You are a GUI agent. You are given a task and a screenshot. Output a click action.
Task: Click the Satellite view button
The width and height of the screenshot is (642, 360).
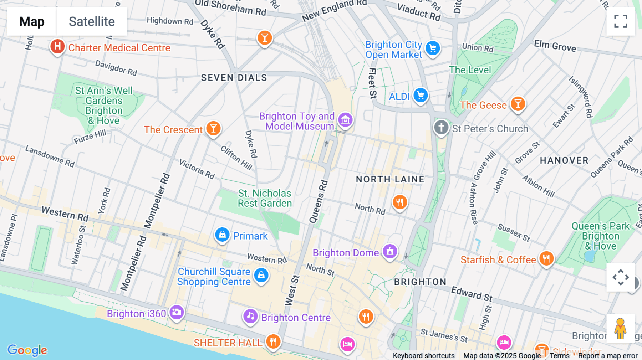point(92,21)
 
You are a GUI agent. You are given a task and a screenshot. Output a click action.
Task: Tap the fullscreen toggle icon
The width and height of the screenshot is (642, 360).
point(621,21)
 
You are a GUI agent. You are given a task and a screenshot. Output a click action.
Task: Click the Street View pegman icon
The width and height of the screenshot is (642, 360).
point(621,329)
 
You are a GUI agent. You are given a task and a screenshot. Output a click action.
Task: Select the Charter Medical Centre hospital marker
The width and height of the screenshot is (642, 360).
point(57,46)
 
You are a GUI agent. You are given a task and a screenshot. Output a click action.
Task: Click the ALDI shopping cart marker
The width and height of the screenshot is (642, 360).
point(421,95)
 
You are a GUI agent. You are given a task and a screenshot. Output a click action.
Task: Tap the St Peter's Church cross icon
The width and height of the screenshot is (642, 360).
point(441,127)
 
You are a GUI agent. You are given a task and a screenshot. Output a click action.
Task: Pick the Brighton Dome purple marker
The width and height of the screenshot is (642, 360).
point(390,251)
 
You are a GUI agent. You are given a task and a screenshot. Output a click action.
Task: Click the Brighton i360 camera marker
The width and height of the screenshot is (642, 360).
point(177,312)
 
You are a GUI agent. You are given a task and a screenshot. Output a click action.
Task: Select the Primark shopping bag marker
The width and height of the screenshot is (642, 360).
point(222,235)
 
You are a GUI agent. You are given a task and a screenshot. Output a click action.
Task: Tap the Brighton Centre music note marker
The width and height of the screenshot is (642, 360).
point(250,316)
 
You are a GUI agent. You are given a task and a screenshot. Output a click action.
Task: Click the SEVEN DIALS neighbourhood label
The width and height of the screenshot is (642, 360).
point(234,78)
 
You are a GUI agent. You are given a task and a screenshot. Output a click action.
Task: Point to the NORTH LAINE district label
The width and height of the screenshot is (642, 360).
point(390,179)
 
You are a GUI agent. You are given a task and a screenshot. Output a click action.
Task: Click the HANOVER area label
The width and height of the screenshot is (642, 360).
point(564,160)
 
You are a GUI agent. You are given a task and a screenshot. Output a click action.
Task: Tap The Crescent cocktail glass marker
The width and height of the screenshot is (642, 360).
point(213,128)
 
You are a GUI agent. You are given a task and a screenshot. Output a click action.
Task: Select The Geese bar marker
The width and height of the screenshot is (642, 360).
point(518,104)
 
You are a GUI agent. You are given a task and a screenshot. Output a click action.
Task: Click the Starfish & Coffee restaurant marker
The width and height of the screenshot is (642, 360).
point(546,258)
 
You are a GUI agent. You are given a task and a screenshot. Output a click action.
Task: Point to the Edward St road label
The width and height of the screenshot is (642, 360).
point(472,293)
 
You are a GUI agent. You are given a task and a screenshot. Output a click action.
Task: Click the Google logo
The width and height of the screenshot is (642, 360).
point(27,350)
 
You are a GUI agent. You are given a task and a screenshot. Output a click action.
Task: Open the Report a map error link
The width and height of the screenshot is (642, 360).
point(608,356)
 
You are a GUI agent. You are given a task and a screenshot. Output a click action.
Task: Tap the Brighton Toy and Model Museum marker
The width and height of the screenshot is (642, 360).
point(345,120)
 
